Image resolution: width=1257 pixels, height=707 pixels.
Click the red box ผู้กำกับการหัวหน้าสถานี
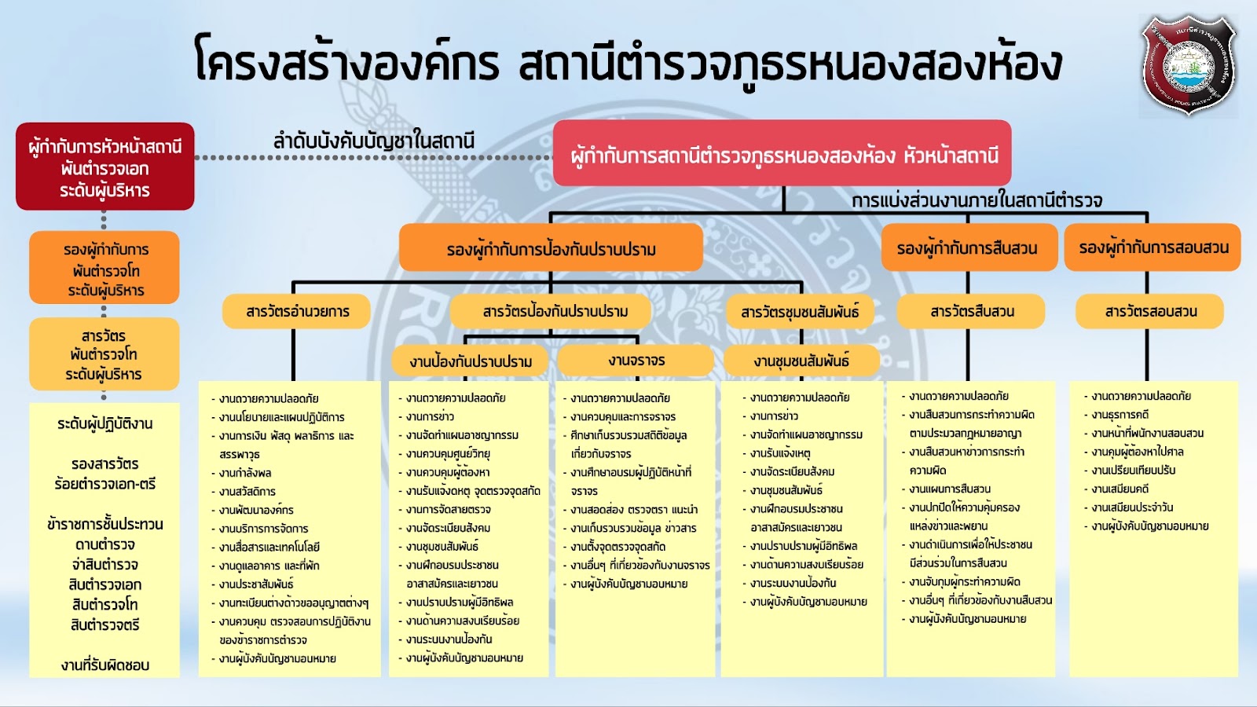pyautogui.click(x=105, y=167)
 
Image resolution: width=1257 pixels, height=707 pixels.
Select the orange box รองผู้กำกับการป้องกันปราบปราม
pyautogui.click(x=551, y=249)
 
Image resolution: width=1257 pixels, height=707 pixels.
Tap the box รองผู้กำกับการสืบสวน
pyautogui.click(x=967, y=248)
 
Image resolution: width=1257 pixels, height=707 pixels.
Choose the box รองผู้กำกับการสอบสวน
pyautogui.click(x=1153, y=247)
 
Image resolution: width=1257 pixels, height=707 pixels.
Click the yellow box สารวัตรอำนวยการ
pyautogui.click(x=298, y=311)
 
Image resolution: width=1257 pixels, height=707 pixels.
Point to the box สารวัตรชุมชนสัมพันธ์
pyautogui.click(x=800, y=312)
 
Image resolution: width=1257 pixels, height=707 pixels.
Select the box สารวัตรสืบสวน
pyautogui.click(x=972, y=311)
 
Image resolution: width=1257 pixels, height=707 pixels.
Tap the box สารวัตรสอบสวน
pyautogui.click(x=1150, y=311)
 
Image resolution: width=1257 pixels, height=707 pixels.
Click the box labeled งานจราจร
pyautogui.click(x=636, y=361)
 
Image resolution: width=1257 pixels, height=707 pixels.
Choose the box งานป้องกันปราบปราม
pyautogui.click(x=471, y=361)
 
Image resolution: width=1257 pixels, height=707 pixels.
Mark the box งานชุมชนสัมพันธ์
pyautogui.click(x=801, y=361)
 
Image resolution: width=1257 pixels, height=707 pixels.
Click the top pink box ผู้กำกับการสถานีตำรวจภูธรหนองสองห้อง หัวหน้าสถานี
pyautogui.click(x=782, y=154)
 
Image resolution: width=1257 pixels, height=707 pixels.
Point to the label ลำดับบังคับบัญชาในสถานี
pyautogui.click(x=373, y=141)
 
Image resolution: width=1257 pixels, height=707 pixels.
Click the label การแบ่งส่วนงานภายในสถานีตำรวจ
pyautogui.click(x=977, y=200)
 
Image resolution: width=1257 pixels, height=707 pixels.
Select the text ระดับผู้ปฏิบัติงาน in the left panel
pyautogui.click(x=105, y=424)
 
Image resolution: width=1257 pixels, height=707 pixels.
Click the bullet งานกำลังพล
pyautogui.click(x=245, y=473)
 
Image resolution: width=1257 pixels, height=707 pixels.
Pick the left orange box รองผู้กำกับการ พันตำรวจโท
pyautogui.click(x=105, y=269)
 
